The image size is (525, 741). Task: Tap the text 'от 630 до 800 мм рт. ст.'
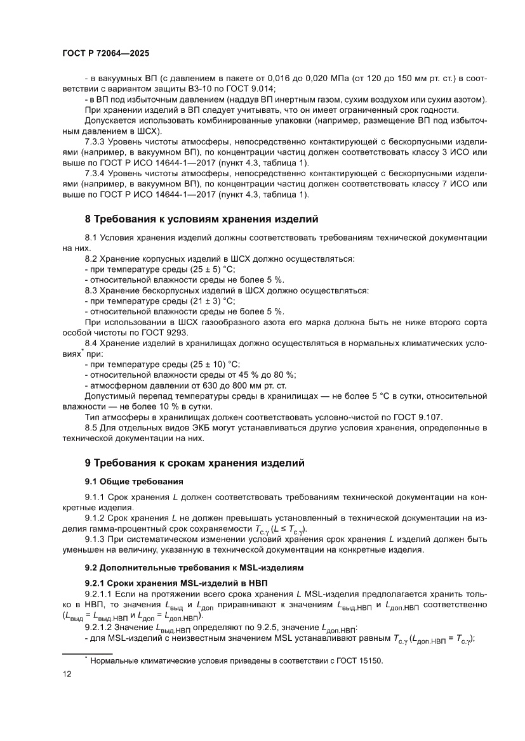(x=232, y=385)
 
